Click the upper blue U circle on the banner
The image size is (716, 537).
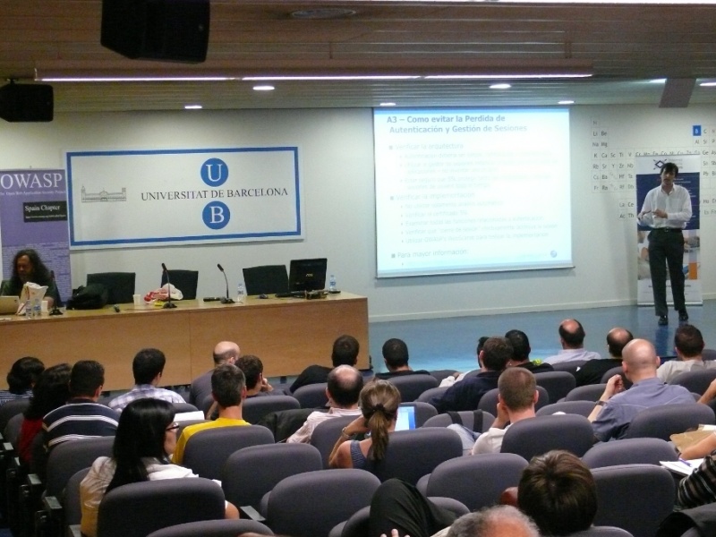[x=214, y=172]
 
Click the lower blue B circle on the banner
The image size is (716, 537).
[x=215, y=215]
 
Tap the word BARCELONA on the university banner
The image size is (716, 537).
[x=256, y=193]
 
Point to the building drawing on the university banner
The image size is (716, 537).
[x=103, y=193]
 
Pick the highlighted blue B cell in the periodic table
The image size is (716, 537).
[x=696, y=131]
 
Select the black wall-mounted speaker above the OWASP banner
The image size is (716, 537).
[x=25, y=102]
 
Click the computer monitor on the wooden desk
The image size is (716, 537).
[x=307, y=274]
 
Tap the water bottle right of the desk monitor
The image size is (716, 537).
[x=333, y=284]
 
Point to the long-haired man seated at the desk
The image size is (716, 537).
[x=31, y=272]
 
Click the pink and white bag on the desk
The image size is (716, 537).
[x=166, y=292]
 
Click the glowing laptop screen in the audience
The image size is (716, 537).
[x=405, y=417]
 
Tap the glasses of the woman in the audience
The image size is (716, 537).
[x=170, y=428]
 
